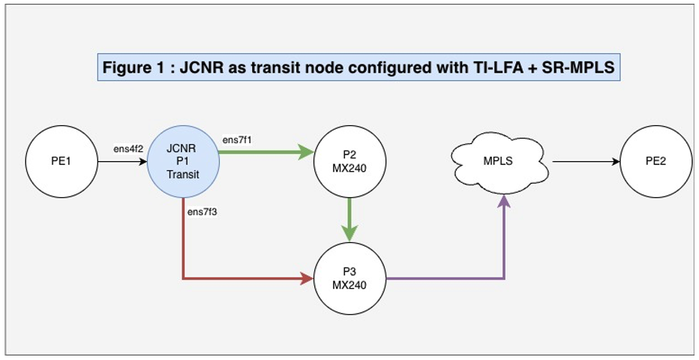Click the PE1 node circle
(x=61, y=161)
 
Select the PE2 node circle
(x=655, y=161)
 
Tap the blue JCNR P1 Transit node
(x=183, y=161)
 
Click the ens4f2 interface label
(x=128, y=149)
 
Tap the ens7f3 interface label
(x=202, y=212)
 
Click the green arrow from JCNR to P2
(x=266, y=153)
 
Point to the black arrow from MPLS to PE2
(x=585, y=161)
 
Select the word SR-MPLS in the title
(x=574, y=67)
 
